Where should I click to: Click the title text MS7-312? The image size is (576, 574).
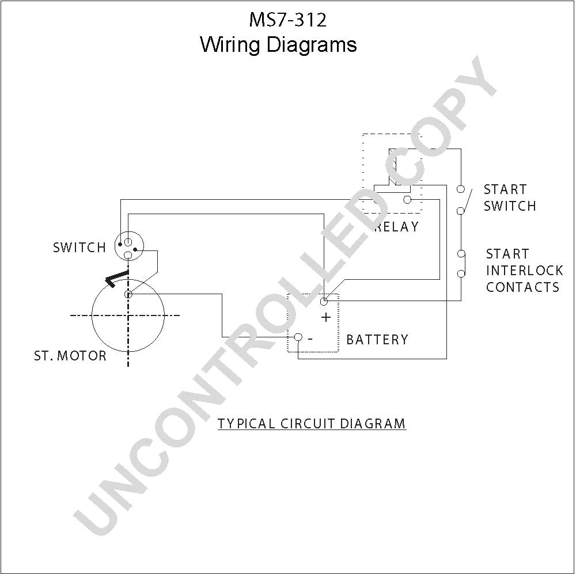[x=287, y=20]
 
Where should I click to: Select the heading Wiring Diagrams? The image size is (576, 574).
[x=278, y=45]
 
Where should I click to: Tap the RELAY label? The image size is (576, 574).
[x=397, y=227]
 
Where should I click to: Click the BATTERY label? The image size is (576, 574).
[x=377, y=339]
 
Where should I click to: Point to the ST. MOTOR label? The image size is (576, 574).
[x=70, y=355]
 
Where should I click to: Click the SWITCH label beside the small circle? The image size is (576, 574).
[x=79, y=248]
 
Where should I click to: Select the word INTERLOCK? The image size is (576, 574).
[x=525, y=271]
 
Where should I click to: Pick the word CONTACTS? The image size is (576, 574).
[x=523, y=287]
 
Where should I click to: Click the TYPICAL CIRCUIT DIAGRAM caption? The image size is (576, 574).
[x=312, y=423]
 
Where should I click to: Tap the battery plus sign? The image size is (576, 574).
[x=326, y=317]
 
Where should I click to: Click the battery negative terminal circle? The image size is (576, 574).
[x=298, y=337]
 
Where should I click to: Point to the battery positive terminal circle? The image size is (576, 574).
[x=324, y=302]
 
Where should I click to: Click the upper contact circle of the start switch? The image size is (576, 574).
[x=461, y=189]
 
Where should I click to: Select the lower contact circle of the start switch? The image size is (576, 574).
[x=461, y=211]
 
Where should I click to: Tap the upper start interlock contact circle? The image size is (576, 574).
[x=461, y=253]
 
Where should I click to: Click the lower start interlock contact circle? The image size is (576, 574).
[x=461, y=273]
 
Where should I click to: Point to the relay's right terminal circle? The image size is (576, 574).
[x=407, y=200]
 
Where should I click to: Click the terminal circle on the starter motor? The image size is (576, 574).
[x=128, y=294]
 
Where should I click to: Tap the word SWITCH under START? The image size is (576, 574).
[x=510, y=206]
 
